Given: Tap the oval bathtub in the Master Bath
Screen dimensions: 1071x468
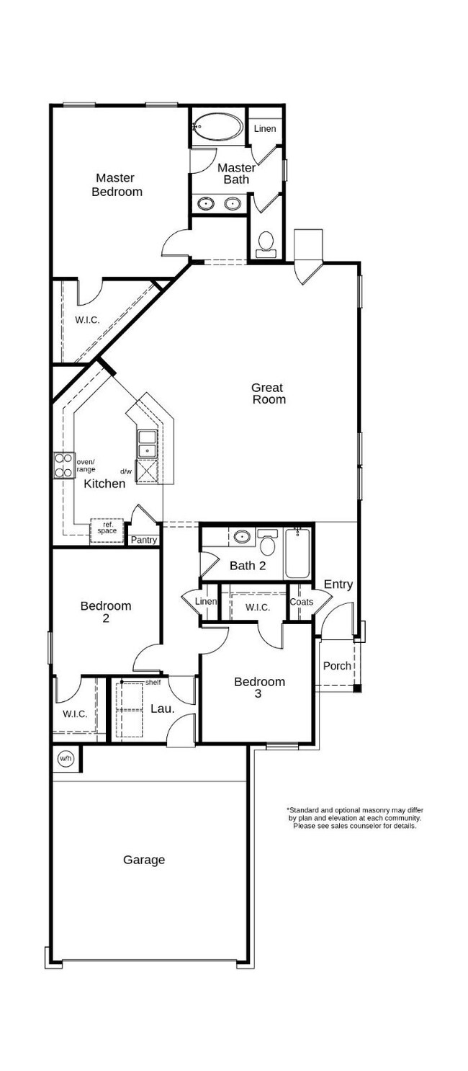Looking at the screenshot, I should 218,127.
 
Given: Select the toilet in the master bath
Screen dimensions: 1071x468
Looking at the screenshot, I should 266,244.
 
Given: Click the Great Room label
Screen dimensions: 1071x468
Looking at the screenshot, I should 269,394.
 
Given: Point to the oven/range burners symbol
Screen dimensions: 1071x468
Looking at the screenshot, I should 63,465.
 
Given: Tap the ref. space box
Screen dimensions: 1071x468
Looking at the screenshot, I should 107,528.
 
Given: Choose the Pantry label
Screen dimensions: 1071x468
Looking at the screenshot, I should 143,540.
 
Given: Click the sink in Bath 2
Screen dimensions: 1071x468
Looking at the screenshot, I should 242,537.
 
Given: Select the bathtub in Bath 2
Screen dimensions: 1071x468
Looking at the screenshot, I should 298,553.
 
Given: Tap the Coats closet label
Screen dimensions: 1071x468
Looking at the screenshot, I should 301,602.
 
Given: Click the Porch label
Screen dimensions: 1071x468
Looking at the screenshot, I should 337,666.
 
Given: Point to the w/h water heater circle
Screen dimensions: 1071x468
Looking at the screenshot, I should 66,757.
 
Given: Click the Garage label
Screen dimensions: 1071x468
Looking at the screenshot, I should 144,859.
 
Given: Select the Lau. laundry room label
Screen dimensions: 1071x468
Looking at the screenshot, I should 162,708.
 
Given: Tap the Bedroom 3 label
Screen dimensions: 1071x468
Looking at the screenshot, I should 259,688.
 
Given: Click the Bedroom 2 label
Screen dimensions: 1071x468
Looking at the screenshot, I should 106,612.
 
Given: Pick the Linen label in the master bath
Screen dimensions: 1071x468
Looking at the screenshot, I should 265,129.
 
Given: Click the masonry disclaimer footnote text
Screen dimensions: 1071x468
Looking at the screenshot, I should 354,818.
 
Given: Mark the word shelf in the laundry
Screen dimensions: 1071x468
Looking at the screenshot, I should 153,682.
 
